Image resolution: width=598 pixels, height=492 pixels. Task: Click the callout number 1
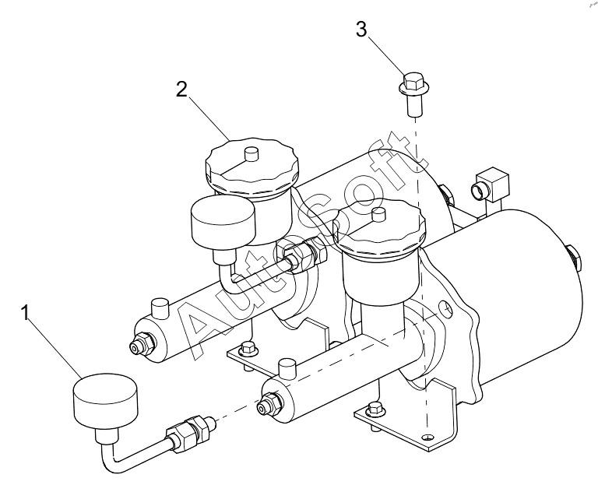point(25,312)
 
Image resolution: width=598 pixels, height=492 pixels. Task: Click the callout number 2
point(181,90)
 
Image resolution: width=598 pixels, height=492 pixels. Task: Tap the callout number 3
point(361,29)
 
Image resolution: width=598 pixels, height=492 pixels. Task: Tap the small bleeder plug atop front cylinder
point(287,368)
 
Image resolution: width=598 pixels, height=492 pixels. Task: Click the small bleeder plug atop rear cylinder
point(160,309)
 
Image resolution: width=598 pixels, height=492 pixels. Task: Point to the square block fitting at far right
point(491,184)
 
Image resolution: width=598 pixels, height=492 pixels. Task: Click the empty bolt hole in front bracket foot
point(427,437)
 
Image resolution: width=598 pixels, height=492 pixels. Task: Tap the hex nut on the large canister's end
point(574,258)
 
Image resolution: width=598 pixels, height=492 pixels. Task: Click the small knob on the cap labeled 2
point(251,154)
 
